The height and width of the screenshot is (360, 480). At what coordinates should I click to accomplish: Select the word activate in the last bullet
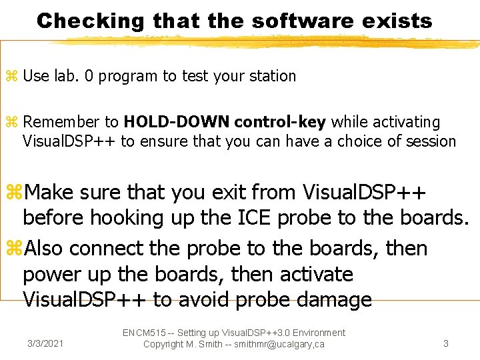pyautogui.click(x=311, y=274)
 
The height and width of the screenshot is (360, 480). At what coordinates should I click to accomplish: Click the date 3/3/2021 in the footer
pyautogui.click(x=45, y=344)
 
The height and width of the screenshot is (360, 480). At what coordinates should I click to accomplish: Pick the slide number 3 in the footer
pyautogui.click(x=445, y=344)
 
